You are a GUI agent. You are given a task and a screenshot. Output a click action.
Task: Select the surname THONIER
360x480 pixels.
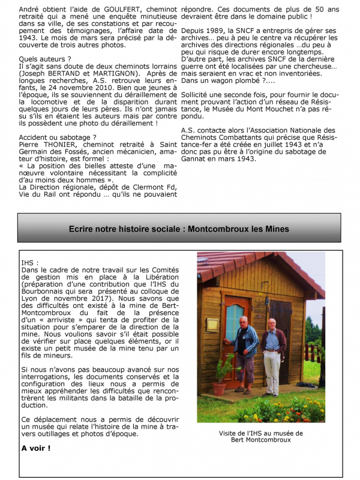point(57,144)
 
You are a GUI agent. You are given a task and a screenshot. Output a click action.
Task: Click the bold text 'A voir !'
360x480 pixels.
point(35,448)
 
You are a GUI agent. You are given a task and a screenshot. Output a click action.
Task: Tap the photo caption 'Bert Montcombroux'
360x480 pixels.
point(261,439)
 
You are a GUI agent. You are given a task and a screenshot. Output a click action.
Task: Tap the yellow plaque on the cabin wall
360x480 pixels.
point(212,324)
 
